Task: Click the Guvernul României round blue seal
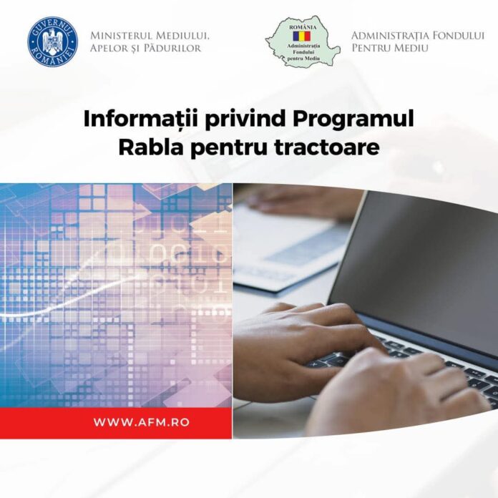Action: [52, 41]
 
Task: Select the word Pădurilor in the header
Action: [172, 48]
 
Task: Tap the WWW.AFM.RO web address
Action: [141, 422]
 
